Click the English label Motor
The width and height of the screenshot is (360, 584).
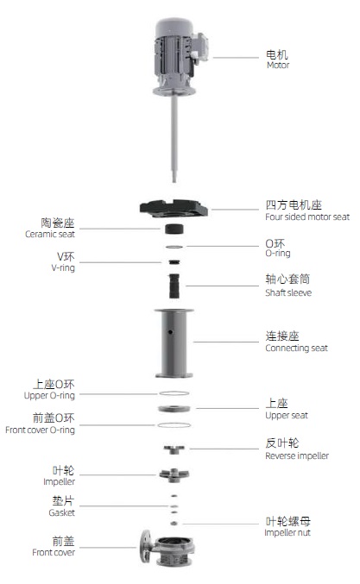point(278,65)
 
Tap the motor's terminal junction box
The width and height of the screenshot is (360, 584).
point(199,47)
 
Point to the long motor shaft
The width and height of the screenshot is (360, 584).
point(174,139)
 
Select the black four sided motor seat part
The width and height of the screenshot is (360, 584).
point(174,208)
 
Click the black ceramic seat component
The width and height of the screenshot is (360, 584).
point(174,229)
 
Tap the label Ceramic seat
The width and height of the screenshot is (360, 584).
point(50,235)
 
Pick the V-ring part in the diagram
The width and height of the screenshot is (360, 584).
point(174,262)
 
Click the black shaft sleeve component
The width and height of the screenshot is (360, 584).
point(174,286)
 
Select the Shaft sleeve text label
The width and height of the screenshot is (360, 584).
point(288,292)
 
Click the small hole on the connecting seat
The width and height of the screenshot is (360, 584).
point(170,331)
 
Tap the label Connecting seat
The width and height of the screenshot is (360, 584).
point(297,349)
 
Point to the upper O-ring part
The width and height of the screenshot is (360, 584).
point(174,393)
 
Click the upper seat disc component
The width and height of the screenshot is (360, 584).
point(174,409)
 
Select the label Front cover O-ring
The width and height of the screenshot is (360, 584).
point(40,430)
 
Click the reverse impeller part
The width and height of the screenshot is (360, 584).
point(174,449)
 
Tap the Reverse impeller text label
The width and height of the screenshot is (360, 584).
point(297,455)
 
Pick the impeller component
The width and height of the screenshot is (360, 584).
point(174,474)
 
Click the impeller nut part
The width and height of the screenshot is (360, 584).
point(174,524)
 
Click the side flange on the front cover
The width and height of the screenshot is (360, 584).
point(146,548)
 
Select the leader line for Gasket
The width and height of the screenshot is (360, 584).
point(123,506)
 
